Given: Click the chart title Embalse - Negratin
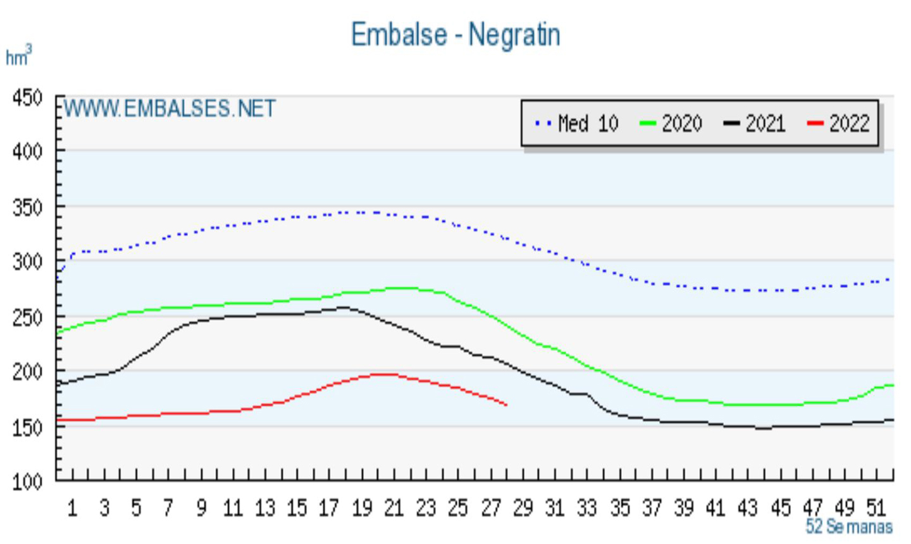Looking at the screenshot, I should (455, 34).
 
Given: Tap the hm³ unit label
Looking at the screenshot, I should (18, 57).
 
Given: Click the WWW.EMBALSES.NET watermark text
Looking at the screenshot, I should (170, 109).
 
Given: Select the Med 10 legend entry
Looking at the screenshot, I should (576, 123).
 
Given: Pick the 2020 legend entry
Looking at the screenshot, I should (671, 123).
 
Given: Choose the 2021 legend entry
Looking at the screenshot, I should (755, 123).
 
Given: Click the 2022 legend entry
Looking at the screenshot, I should (839, 123).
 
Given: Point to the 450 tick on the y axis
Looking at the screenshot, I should (27, 98).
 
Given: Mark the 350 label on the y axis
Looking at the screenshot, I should (27, 207).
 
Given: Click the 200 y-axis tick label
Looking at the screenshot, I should (27, 372).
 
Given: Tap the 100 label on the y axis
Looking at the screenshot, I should (27, 482).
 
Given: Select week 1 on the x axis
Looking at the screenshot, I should (72, 508).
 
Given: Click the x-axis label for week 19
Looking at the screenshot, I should (361, 508).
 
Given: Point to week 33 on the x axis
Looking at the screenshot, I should (586, 508).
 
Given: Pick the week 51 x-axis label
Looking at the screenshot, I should (876, 508).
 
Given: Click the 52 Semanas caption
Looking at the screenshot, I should (849, 526).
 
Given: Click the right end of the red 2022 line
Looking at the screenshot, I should (506, 405).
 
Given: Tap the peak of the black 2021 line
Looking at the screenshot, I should (343, 307).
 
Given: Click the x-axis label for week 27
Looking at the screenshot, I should (490, 508).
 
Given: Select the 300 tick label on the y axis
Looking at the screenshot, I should (27, 262).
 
